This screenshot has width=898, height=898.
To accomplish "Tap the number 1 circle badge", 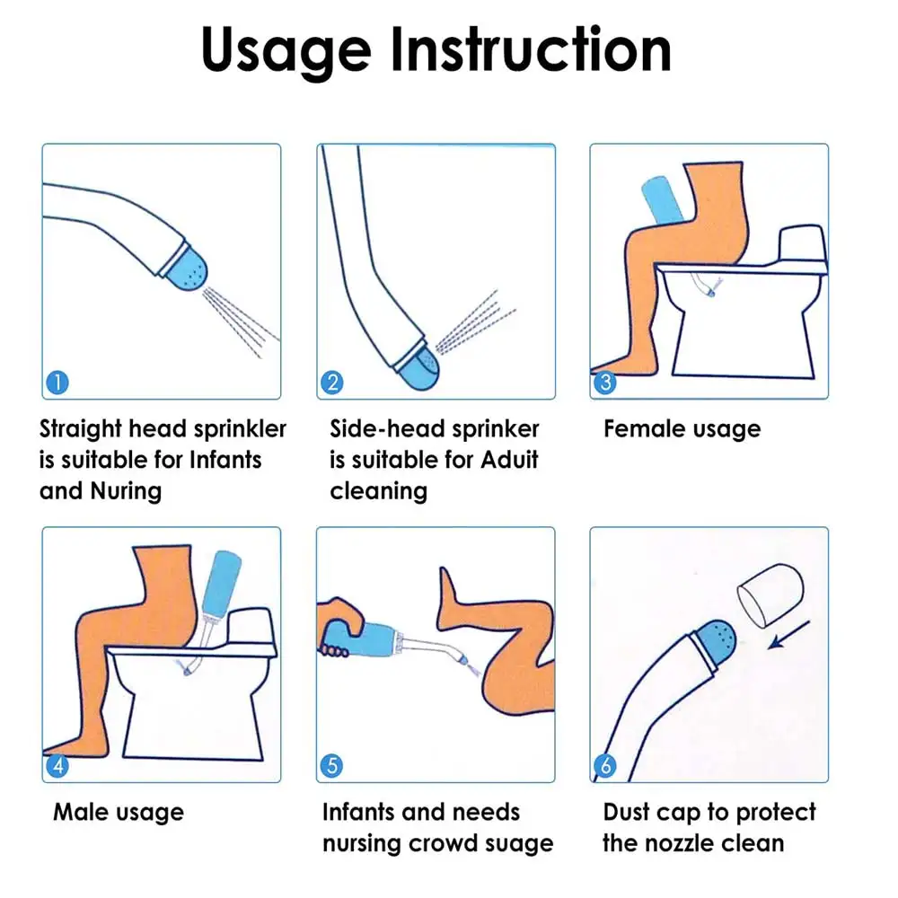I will [56, 383].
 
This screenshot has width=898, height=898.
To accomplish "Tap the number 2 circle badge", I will [331, 383].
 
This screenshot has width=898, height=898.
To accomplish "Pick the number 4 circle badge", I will [56, 766].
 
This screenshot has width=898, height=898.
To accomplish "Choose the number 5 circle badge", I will [331, 766].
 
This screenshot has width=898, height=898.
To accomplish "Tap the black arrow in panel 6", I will [790, 635].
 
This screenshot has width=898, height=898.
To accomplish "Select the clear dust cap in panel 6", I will [769, 594].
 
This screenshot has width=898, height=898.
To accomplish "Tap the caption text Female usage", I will [682, 429].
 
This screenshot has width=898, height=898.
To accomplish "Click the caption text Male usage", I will [119, 813].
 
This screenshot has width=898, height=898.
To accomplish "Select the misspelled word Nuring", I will [125, 491].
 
